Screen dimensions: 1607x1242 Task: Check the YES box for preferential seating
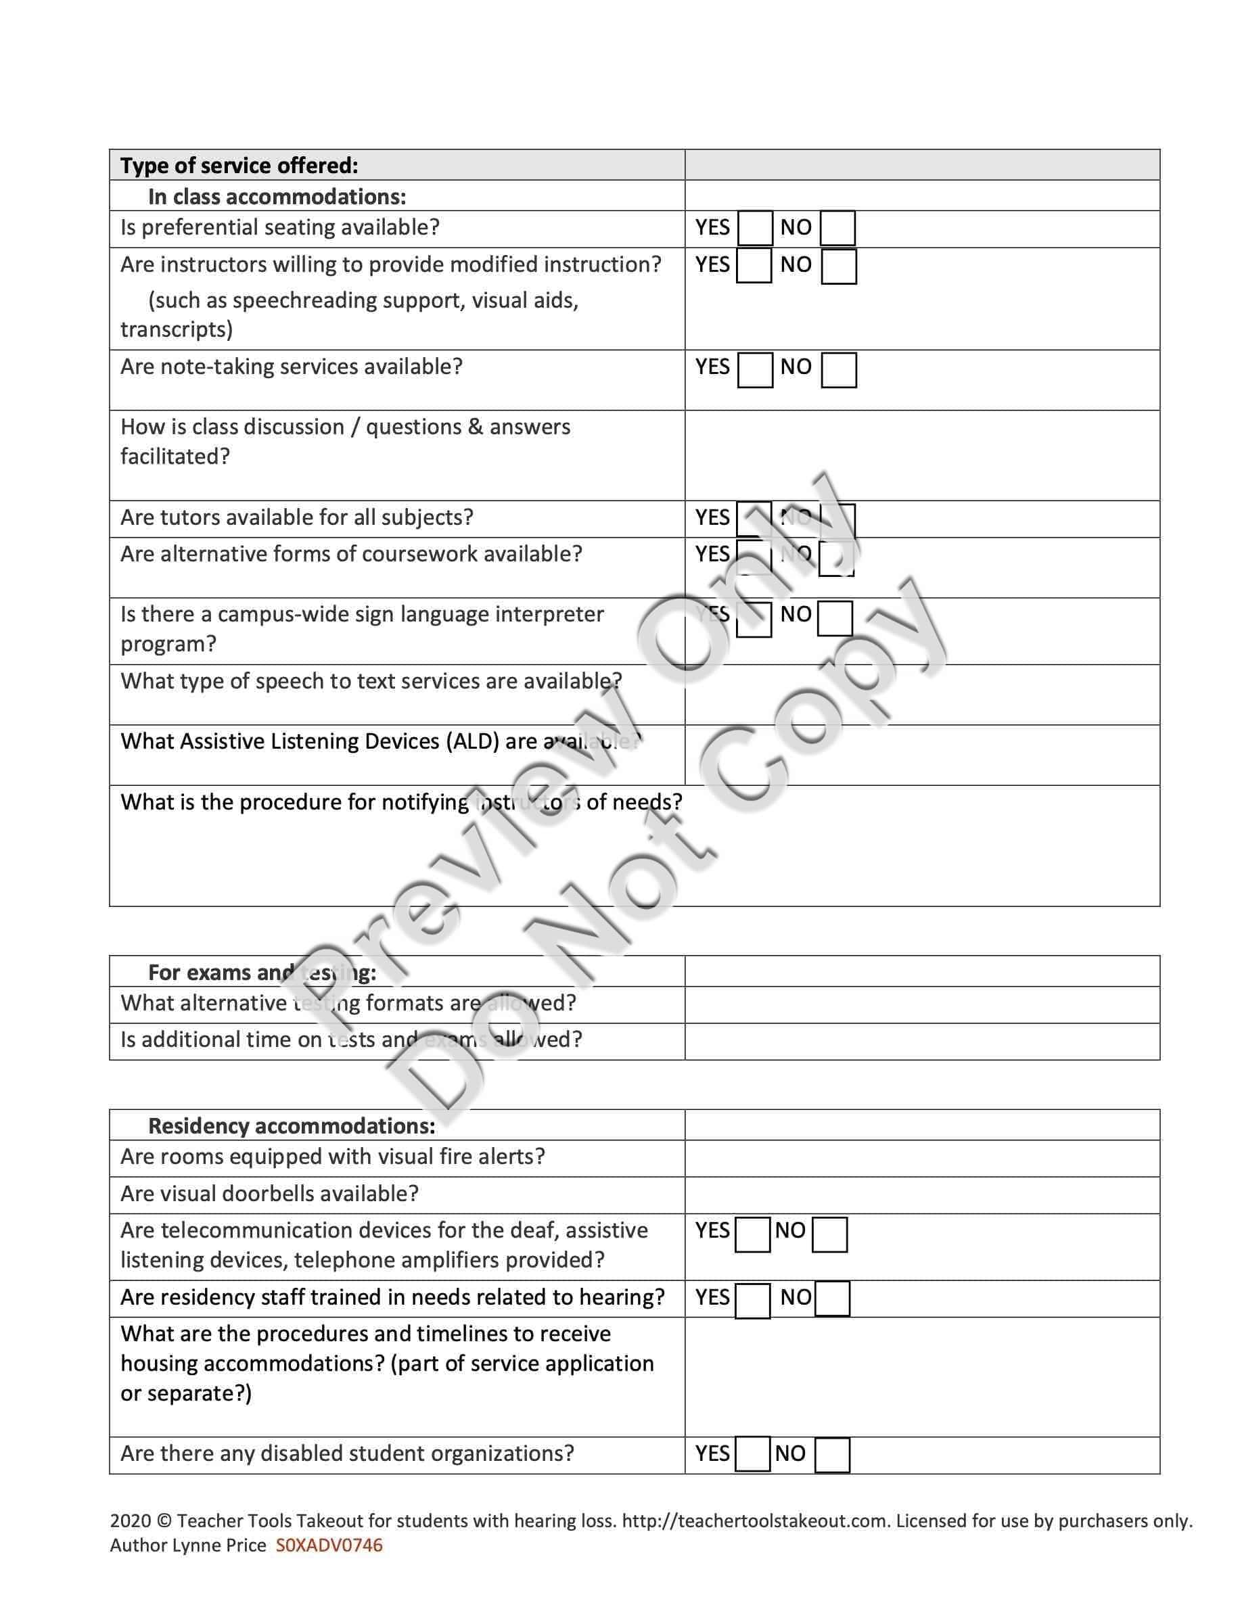pos(755,228)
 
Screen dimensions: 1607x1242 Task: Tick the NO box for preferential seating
pos(837,228)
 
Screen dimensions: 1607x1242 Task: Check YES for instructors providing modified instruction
pos(754,266)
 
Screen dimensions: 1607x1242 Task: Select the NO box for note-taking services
pos(839,369)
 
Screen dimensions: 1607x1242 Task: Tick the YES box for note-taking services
pos(755,369)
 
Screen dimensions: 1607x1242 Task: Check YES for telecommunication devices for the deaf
pos(752,1235)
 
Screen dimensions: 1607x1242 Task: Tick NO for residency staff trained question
pos(832,1299)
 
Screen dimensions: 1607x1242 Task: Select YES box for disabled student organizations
pos(752,1454)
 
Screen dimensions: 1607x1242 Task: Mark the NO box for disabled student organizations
pos(832,1455)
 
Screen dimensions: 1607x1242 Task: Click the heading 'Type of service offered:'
pos(239,166)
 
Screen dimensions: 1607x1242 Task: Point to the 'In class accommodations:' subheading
pos(277,196)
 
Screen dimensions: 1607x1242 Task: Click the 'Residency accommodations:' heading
pos(292,1126)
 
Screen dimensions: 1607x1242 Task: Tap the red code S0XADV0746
pos(329,1545)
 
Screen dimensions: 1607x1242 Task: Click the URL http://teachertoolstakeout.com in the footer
pos(754,1521)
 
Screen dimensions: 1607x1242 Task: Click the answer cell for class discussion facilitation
pos(921,455)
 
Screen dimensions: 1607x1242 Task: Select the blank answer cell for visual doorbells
pos(921,1194)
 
